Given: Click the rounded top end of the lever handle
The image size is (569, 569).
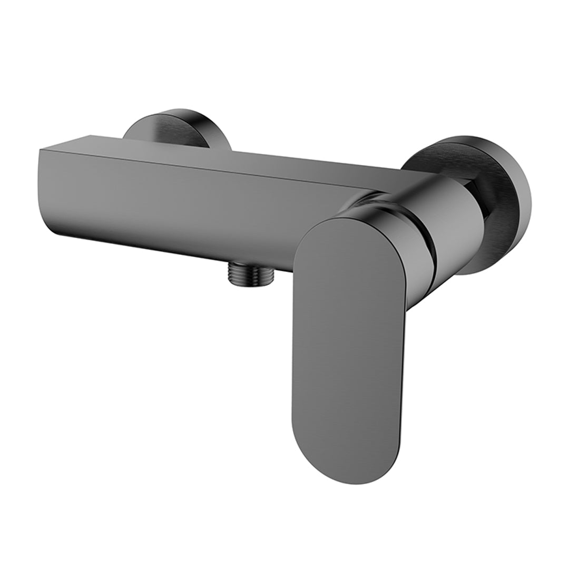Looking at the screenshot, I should click(337, 227).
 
